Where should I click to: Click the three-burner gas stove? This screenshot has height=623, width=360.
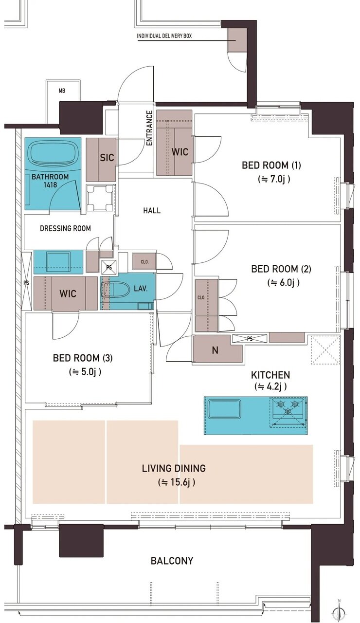click(288, 410)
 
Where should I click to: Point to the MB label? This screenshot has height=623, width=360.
click(62, 91)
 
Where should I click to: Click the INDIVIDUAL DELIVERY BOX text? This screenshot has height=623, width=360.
click(164, 36)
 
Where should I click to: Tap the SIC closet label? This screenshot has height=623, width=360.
click(107, 158)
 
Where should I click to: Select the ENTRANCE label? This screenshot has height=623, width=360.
click(149, 128)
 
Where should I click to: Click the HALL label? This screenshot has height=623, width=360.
click(152, 211)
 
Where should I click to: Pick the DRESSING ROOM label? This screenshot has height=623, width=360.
click(65, 228)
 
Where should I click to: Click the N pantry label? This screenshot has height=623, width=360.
click(215, 350)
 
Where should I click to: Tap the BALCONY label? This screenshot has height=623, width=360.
click(172, 560)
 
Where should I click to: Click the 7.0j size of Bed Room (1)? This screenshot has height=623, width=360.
click(274, 179)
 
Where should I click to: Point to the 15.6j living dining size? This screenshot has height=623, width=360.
click(177, 482)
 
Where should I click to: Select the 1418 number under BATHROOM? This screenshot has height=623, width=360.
click(50, 184)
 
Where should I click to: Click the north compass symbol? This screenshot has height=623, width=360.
click(339, 610)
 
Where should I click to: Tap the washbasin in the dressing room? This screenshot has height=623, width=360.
click(58, 261)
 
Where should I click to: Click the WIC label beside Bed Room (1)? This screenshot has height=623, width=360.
click(180, 152)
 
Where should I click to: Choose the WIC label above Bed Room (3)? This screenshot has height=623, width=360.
click(68, 293)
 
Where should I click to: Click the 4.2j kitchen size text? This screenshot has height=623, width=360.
click(270, 386)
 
